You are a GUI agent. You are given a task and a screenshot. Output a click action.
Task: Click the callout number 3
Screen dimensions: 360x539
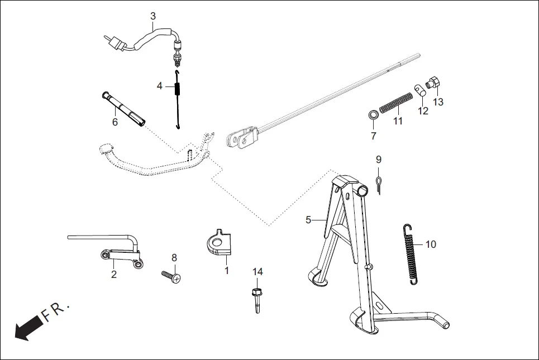pos(153,16)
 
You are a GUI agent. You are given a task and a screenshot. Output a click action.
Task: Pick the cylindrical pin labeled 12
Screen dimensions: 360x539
pos(421,90)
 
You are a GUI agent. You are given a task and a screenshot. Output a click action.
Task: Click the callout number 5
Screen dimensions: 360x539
pos(308,219)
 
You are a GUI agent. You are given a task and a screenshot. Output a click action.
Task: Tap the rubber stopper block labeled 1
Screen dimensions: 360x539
pos(218,244)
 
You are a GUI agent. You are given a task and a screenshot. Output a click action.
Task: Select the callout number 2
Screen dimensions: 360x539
pos(114,274)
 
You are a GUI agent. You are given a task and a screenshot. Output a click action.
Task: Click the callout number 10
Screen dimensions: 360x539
pos(431,244)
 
